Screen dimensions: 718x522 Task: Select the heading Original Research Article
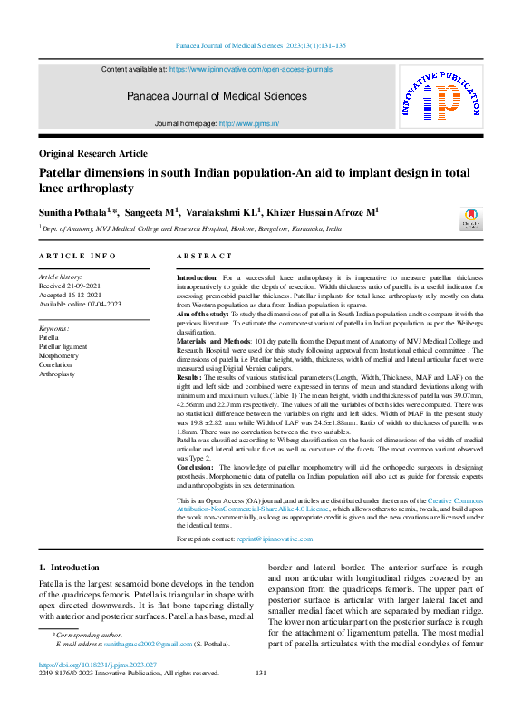tap(93, 154)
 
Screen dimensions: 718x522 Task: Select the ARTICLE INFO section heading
tap(77, 257)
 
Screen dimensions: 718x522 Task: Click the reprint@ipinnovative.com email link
tap(275, 538)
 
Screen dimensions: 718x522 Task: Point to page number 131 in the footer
tap(261, 674)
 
